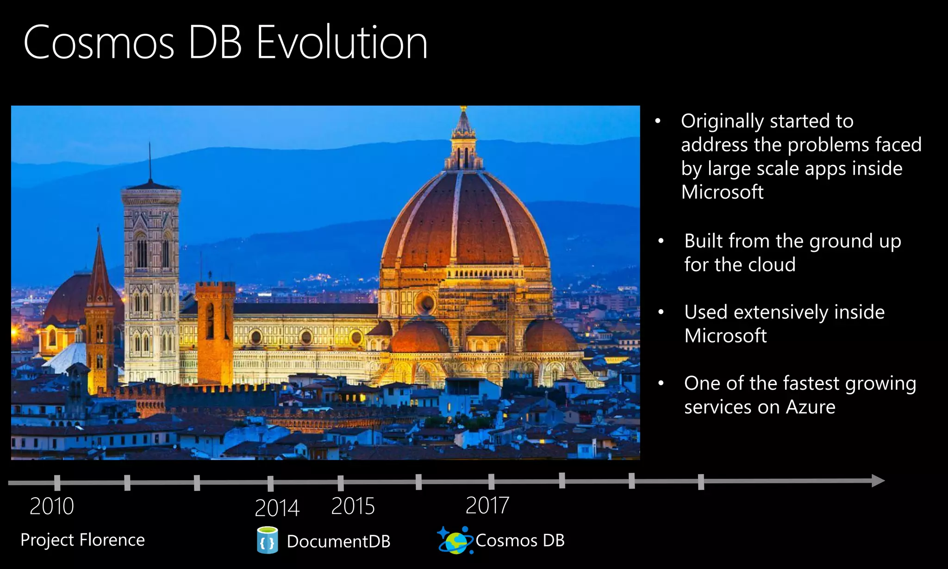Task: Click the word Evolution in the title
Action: (342, 43)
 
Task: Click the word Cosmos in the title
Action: (99, 43)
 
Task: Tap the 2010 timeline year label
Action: (52, 506)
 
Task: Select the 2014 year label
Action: (277, 508)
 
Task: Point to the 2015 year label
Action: (353, 506)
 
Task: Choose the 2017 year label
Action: (487, 505)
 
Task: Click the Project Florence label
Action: (82, 540)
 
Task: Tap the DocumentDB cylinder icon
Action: (267, 540)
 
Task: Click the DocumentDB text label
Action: (338, 541)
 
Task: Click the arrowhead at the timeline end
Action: (877, 481)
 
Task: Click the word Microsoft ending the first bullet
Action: (722, 192)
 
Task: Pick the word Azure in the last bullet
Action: (811, 407)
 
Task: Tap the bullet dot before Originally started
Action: (658, 121)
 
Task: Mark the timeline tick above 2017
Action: (491, 481)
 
